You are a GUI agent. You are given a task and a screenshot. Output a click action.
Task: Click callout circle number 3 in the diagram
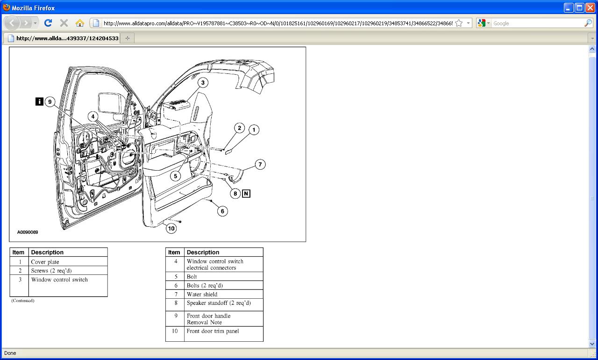[202, 83]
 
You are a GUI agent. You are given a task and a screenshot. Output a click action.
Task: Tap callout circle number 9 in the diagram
[49, 102]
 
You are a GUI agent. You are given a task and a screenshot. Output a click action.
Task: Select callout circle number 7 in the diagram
[260, 164]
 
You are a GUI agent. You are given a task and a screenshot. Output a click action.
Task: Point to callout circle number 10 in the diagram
[171, 228]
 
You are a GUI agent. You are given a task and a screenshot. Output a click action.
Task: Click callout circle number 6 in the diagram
[222, 211]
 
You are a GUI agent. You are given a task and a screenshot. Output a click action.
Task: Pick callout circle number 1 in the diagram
[254, 130]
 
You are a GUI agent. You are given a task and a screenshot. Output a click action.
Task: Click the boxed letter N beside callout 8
[246, 193]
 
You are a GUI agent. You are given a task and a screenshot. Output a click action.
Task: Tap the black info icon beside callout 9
[39, 101]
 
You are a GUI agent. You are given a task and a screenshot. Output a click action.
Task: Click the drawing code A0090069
[28, 232]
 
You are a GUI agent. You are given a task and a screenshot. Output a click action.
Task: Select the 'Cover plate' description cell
[45, 262]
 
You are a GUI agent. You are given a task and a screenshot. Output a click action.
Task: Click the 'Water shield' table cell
[202, 294]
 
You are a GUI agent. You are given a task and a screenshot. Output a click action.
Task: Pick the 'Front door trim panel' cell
[213, 331]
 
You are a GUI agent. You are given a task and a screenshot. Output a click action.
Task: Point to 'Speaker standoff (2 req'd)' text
[219, 303]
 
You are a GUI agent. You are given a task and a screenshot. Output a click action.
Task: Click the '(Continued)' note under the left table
[23, 301]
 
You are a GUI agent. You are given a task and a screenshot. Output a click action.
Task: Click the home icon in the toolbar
[79, 23]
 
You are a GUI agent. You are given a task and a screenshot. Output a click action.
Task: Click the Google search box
[537, 23]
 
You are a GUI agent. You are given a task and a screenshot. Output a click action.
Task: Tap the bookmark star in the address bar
[459, 23]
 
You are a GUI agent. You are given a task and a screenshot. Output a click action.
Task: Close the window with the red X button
[590, 7]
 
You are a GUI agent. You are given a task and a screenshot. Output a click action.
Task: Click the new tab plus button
[128, 38]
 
